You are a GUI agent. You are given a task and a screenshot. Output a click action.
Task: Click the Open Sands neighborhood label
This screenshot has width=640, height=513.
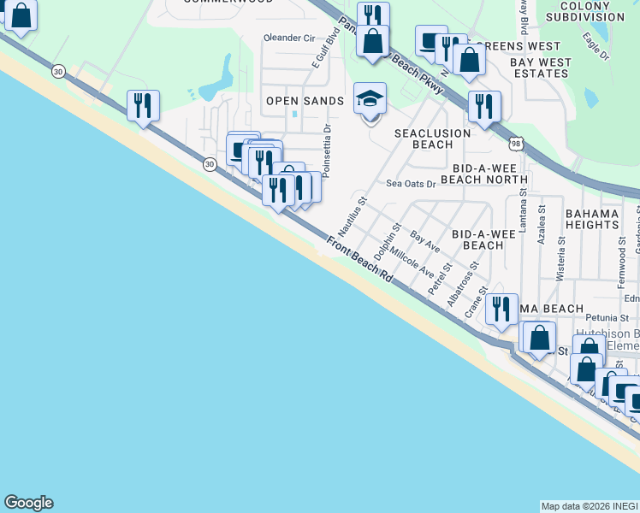pos(305,101)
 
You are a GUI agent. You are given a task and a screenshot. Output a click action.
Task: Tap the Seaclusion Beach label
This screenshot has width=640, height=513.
pos(432,139)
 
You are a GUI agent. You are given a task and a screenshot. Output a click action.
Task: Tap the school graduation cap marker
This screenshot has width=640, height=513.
pos(370,100)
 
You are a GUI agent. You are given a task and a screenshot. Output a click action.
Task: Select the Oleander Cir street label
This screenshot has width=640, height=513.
pos(290,38)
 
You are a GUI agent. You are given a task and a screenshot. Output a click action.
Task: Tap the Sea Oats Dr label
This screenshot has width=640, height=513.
pos(411,183)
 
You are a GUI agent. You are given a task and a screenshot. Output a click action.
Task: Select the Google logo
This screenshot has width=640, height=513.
pos(28,503)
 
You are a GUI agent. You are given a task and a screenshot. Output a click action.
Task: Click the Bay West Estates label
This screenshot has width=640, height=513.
pos(541,68)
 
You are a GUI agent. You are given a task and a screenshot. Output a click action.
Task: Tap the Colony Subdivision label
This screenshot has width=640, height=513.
pos(585,10)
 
